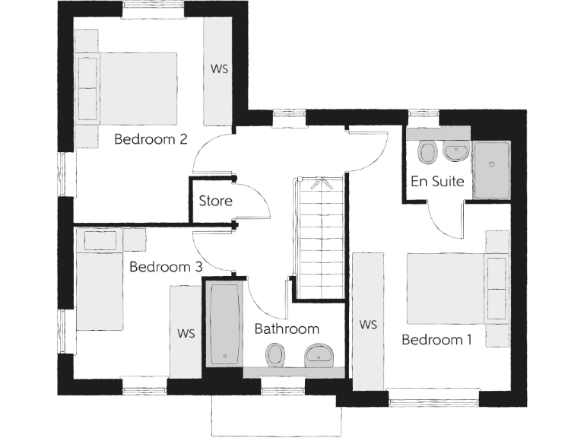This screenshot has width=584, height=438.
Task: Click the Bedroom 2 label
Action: point(151,139)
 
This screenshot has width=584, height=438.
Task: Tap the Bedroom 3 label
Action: point(166,267)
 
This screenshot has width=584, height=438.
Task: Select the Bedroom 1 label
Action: point(436,339)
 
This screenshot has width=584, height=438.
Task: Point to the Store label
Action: point(215,202)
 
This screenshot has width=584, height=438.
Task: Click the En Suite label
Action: point(437,182)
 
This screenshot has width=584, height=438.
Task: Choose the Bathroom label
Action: point(287,329)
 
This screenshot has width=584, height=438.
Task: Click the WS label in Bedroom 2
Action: point(219,68)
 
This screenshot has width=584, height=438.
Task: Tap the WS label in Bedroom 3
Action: point(186,333)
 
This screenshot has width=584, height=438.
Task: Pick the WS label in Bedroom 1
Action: point(368,325)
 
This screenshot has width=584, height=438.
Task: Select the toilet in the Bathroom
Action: point(275,354)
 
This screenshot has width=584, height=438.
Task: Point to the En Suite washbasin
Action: point(455,152)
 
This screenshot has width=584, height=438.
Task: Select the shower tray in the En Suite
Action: point(494,170)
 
